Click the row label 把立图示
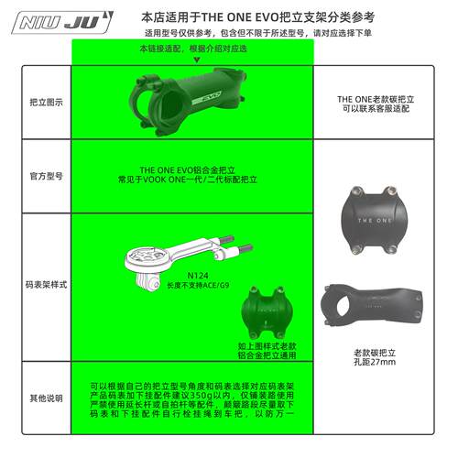point(47,103)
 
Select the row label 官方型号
point(47,174)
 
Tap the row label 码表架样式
point(47,286)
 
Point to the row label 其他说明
point(47,398)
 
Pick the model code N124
point(197,274)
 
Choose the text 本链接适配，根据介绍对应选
point(192,49)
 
